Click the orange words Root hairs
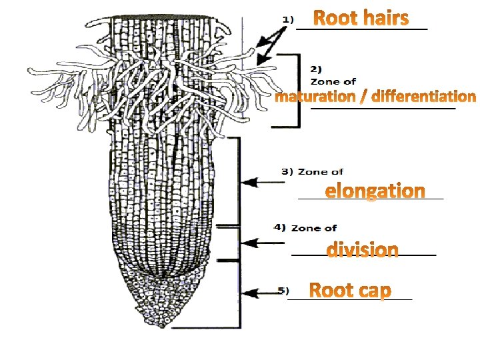point(360,18)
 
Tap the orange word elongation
point(375,191)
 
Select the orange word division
point(363,250)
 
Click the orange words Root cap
point(351,291)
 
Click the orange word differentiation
point(424,97)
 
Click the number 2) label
point(317,68)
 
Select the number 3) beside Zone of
point(287,171)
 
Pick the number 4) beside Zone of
point(280,227)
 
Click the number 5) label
point(283,290)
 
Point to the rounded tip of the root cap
point(161,325)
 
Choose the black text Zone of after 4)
point(314,228)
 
